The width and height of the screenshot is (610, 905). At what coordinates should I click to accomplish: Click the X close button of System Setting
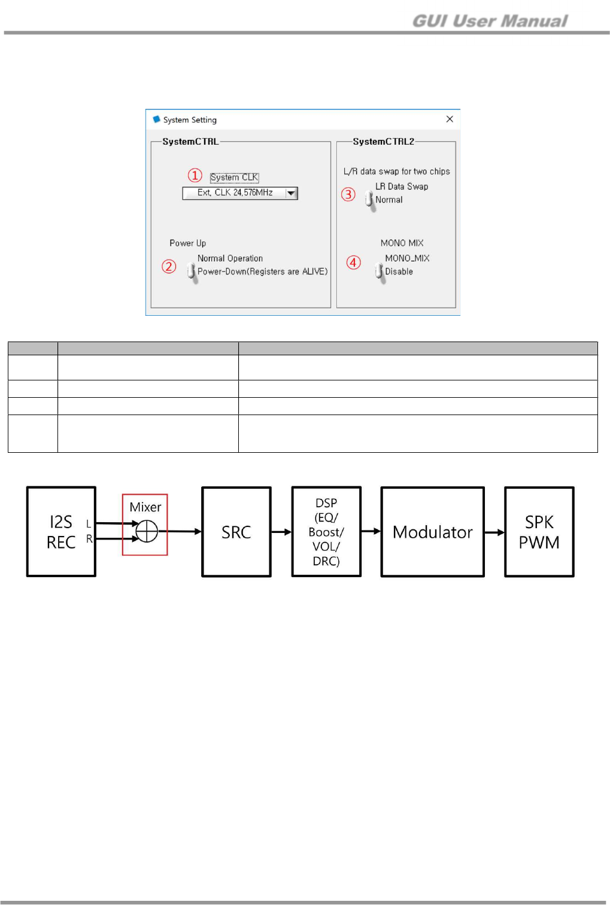[450, 119]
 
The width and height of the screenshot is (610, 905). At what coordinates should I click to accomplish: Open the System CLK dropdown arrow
[292, 193]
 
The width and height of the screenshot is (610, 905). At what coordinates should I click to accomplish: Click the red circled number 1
[195, 175]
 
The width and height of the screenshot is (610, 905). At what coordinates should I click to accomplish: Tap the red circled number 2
[169, 266]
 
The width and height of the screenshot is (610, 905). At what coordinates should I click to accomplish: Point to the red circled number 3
[348, 194]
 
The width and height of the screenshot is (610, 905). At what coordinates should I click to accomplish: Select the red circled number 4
[354, 263]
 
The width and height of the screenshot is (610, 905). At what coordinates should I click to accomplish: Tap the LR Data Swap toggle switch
[369, 199]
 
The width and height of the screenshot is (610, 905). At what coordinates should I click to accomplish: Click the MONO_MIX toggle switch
[379, 271]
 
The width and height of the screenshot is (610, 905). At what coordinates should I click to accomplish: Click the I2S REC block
[61, 532]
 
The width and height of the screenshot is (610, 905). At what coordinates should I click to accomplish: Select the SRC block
[236, 532]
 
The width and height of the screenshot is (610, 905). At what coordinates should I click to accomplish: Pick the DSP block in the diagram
[326, 532]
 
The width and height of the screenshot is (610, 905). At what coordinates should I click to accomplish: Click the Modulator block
[432, 532]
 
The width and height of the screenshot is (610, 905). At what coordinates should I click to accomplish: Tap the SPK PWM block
[539, 532]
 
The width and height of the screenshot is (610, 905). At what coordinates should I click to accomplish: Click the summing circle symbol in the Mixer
[147, 531]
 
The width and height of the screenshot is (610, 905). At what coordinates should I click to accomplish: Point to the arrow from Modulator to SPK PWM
[494, 532]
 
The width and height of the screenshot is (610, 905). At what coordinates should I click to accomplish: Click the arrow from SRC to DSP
[281, 532]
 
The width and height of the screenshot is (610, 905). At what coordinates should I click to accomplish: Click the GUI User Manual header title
[490, 21]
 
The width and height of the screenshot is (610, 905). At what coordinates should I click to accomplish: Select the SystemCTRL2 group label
[383, 142]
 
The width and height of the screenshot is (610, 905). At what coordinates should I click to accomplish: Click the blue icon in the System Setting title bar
[157, 120]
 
